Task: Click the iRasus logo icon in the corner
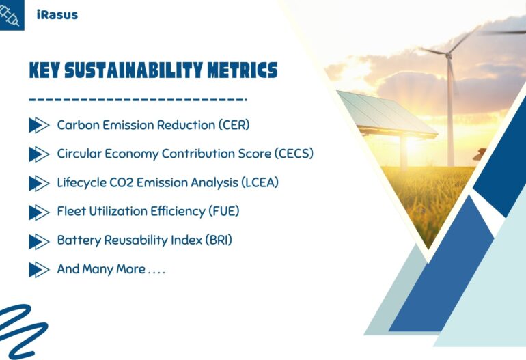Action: pyautogui.click(x=12, y=14)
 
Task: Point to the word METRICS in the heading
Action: pyautogui.click(x=241, y=70)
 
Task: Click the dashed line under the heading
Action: pyautogui.click(x=137, y=100)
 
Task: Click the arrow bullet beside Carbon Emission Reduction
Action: pyautogui.click(x=38, y=125)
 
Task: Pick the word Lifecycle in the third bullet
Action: pyautogui.click(x=81, y=183)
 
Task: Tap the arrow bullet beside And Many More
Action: pyautogui.click(x=38, y=270)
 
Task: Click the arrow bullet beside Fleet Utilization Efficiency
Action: pyautogui.click(x=38, y=212)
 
